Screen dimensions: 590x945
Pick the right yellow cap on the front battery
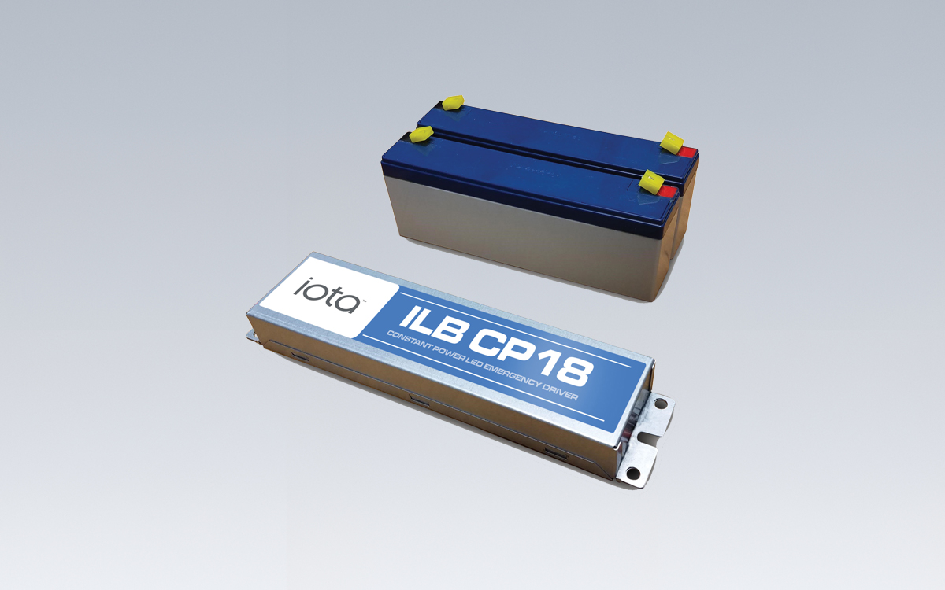[651, 181]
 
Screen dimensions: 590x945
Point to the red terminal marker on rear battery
[687, 151]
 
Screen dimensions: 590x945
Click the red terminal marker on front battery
[667, 190]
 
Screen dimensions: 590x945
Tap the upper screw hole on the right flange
[661, 404]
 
